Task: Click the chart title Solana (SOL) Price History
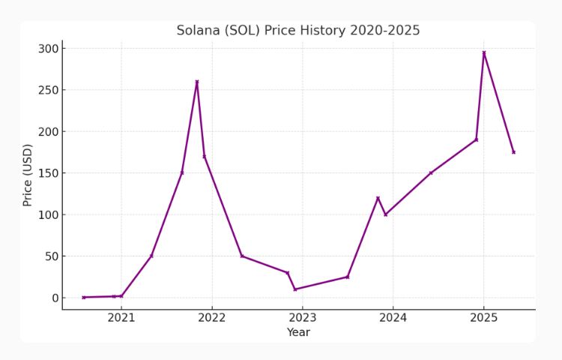pos(298,31)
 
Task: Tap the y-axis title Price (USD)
pos(28,175)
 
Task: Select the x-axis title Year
pos(298,332)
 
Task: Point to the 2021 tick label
pos(121,318)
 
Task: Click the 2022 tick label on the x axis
pos(212,318)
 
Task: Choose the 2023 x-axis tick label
pos(303,318)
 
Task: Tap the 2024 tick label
pos(393,318)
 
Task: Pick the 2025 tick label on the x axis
pos(483,318)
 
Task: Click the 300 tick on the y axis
pos(49,49)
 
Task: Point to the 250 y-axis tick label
pos(49,90)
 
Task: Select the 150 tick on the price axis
pos(49,173)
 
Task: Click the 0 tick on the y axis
pos(55,298)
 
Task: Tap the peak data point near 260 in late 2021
pos(197,82)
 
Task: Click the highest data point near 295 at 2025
pos(484,52)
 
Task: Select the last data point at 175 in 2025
pos(513,152)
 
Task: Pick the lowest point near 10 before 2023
pos(295,289)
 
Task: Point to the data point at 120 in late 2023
pos(378,198)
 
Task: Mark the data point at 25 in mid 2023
pos(348,277)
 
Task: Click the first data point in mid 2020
pos(84,297)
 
